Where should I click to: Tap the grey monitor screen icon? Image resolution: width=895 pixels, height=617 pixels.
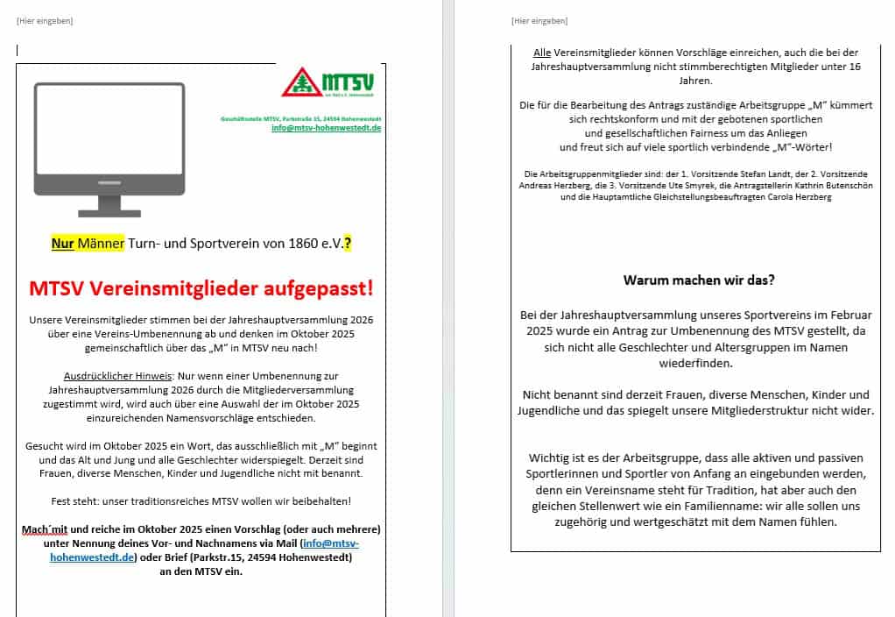pyautogui.click(x=109, y=139)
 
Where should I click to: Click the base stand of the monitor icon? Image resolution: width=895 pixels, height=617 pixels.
pyautogui.click(x=109, y=211)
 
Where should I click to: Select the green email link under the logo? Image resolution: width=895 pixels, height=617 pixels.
pyautogui.click(x=326, y=128)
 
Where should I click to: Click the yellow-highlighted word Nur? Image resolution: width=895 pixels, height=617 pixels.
pyautogui.click(x=62, y=244)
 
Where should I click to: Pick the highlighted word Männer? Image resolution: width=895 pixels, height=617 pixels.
pyautogui.click(x=101, y=244)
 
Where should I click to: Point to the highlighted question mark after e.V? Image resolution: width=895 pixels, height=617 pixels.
pyautogui.click(x=348, y=244)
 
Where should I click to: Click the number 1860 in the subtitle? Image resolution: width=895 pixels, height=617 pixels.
pyautogui.click(x=304, y=244)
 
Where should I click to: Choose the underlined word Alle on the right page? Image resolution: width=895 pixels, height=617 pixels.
pyautogui.click(x=542, y=53)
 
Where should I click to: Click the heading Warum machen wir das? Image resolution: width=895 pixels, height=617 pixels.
pyautogui.click(x=699, y=280)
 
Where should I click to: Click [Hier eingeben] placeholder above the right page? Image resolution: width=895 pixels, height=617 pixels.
pyautogui.click(x=539, y=21)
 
